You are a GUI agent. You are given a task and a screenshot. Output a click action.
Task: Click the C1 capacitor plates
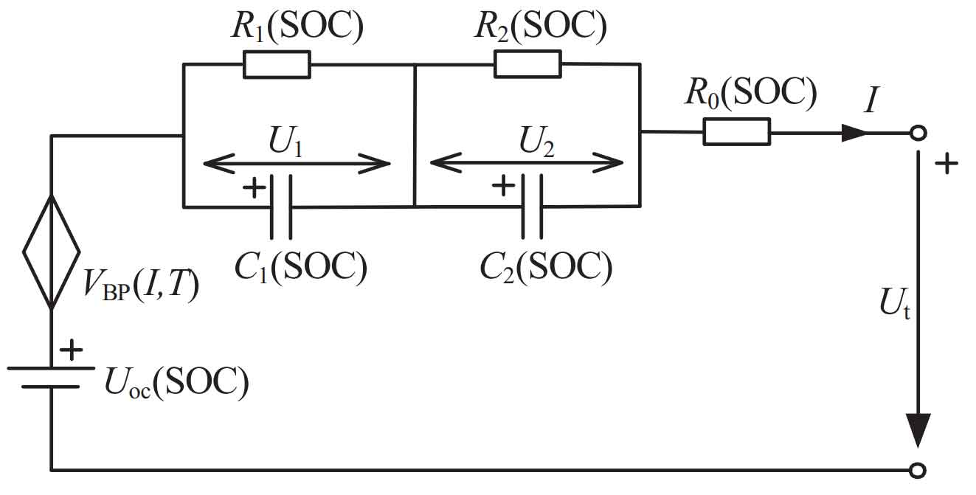point(281,207)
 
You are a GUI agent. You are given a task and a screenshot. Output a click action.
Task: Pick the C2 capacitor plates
point(532,207)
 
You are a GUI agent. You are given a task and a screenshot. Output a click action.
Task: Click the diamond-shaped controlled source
point(52,252)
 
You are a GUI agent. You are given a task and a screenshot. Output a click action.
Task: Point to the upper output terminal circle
point(918,133)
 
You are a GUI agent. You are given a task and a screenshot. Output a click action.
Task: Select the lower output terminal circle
point(918,471)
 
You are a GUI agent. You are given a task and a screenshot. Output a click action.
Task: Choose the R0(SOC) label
point(751,92)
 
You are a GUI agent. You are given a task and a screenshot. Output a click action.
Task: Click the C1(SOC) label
point(301,267)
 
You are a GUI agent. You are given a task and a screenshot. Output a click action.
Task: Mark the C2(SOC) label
point(546,267)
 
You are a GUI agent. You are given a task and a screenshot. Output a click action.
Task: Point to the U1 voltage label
point(285,141)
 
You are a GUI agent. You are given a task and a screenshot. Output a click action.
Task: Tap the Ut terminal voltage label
point(895,303)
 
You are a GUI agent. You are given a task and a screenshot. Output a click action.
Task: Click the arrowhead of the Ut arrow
point(918,430)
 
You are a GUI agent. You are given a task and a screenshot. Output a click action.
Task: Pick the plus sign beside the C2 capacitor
point(503,185)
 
